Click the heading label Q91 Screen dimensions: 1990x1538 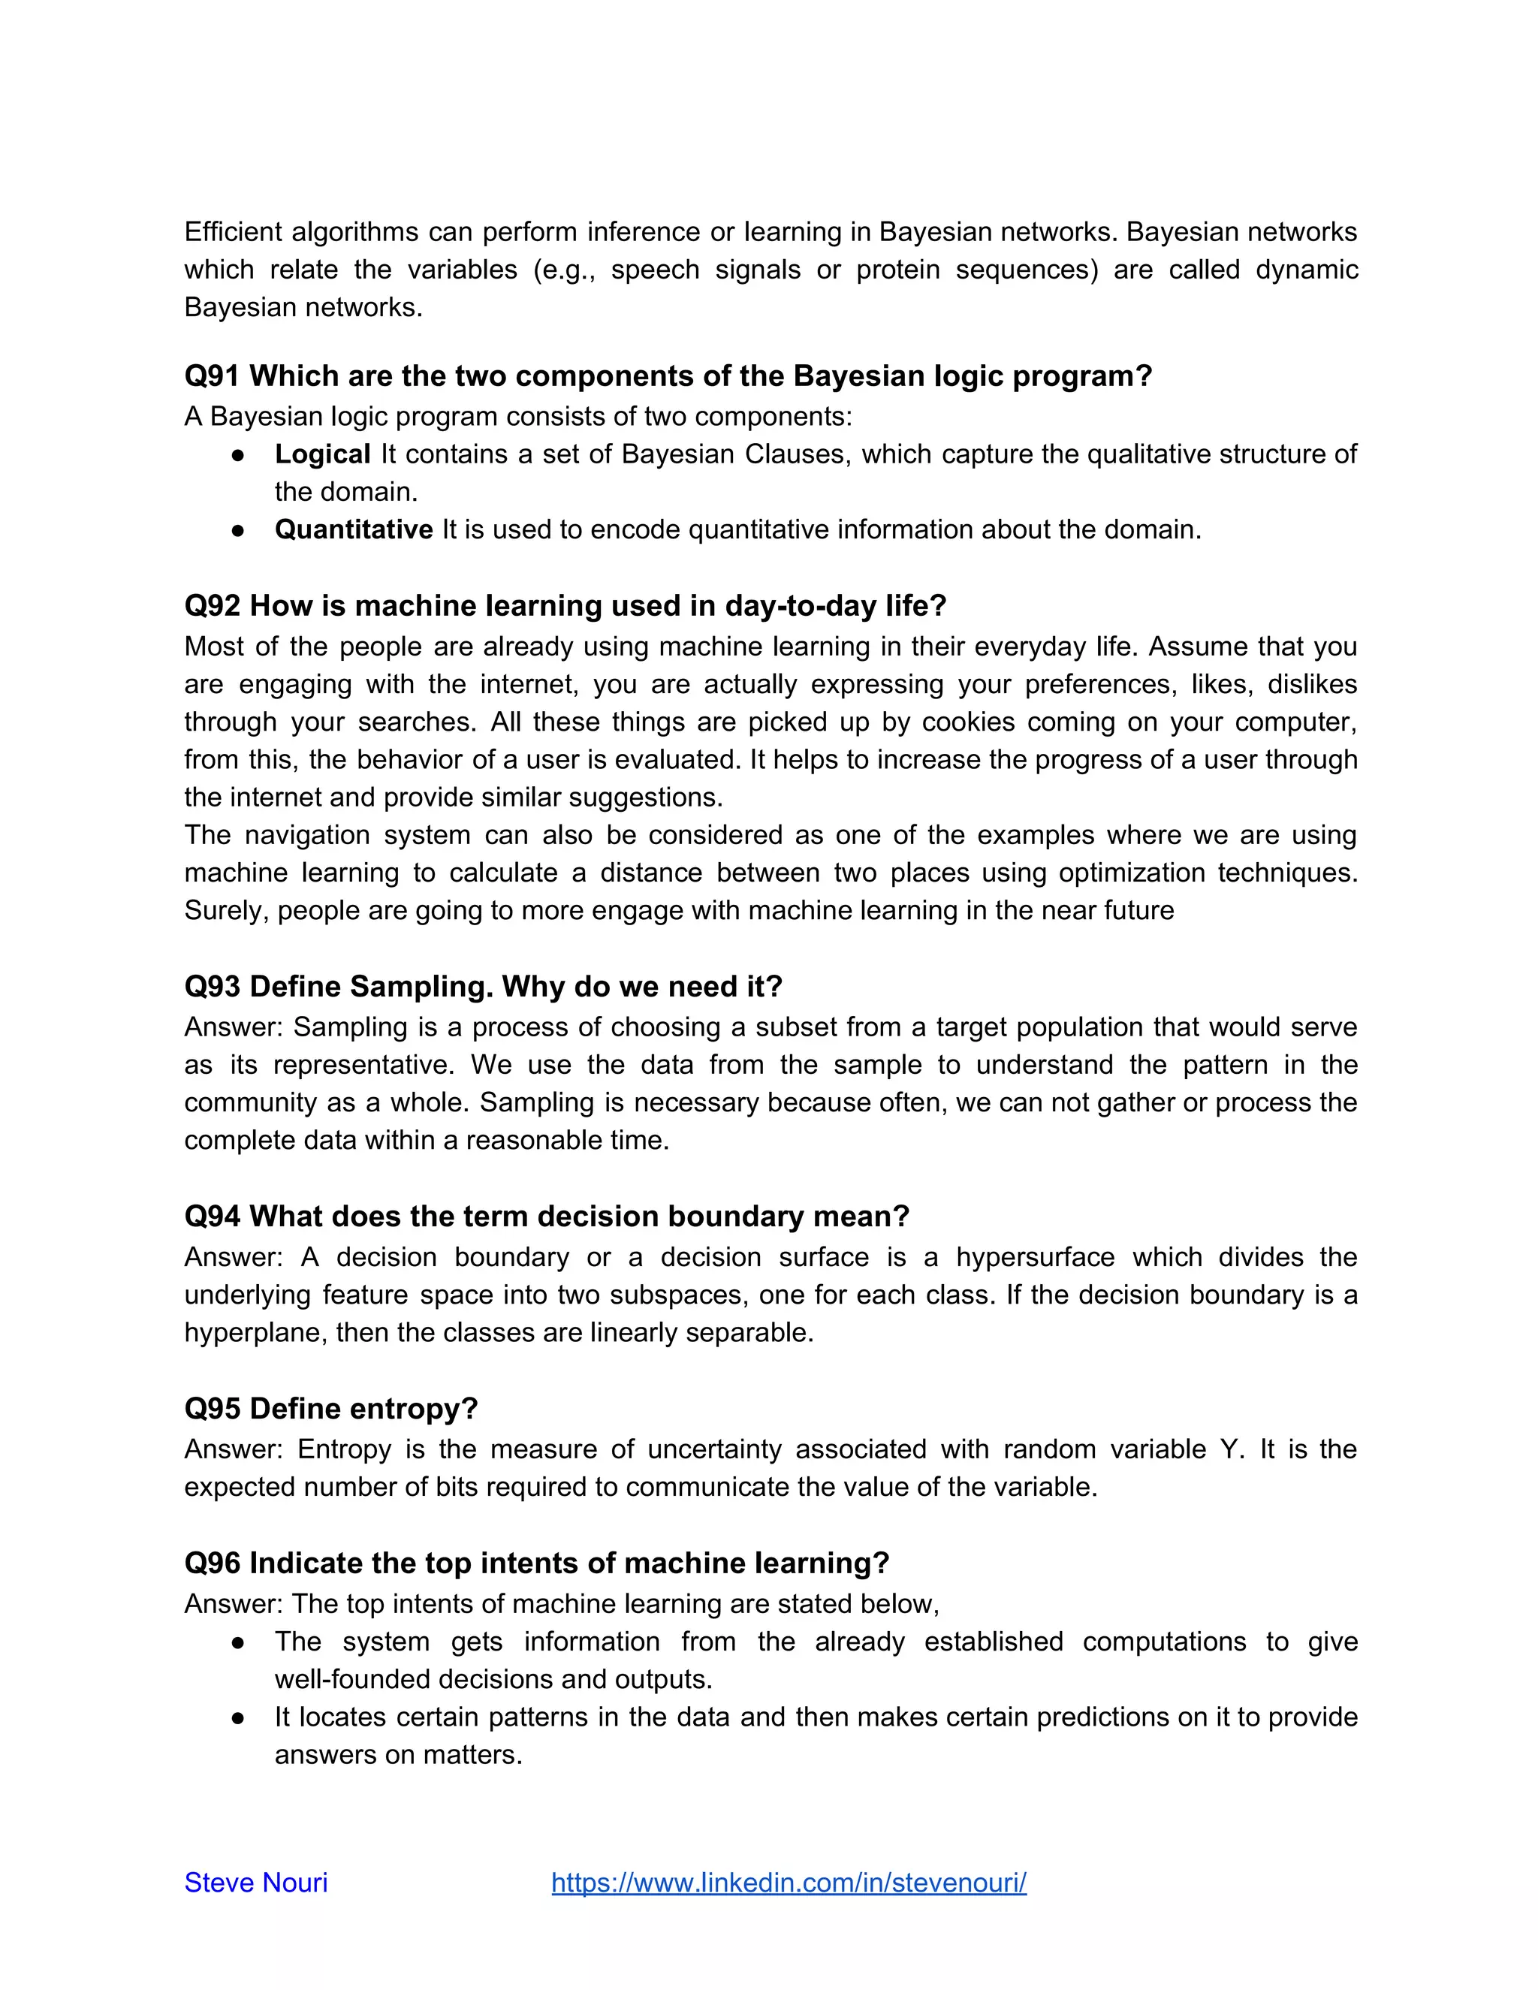pos(211,375)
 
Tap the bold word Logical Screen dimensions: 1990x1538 pos(322,454)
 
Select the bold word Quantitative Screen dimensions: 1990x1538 pos(354,529)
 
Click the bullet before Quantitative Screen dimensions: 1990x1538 pos(238,530)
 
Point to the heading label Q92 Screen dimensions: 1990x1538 pos(211,606)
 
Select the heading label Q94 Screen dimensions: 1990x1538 pos(211,1217)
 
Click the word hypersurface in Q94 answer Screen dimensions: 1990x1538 pos(1035,1256)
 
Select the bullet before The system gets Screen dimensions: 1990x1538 pos(238,1642)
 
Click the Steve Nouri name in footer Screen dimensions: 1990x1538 pos(256,1883)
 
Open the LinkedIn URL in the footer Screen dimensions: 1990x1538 pos(789,1883)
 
